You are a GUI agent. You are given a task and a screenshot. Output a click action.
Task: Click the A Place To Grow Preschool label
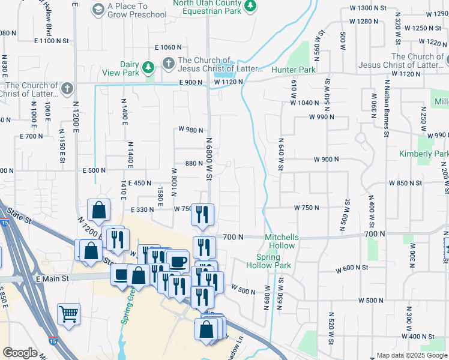[136, 10]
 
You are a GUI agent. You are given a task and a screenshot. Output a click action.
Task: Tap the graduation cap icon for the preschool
[97, 10]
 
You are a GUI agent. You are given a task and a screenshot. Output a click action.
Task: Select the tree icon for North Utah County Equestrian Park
[250, 7]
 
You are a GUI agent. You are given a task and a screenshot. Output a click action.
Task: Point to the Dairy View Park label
[129, 69]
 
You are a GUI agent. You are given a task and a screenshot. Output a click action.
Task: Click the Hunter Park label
[293, 70]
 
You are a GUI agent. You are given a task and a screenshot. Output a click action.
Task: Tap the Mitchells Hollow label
[282, 241]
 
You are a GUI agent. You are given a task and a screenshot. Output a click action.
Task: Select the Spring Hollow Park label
[269, 261]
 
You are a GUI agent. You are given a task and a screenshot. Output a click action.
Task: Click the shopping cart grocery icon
[68, 313]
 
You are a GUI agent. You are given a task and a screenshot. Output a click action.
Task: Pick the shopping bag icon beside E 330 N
[98, 211]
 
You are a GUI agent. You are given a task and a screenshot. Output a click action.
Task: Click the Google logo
[20, 353]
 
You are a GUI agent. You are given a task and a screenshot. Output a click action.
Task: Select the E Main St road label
[61, 278]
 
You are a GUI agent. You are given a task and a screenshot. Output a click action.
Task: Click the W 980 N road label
[191, 130]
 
